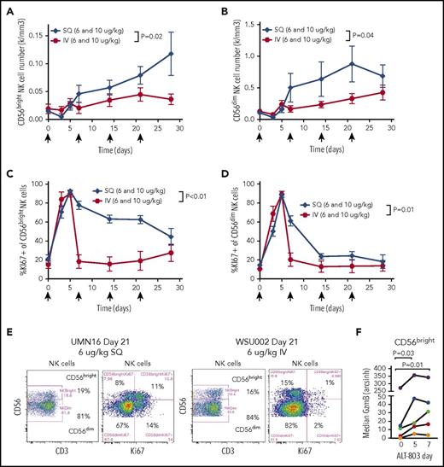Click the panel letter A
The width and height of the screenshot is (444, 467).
[x=6, y=8]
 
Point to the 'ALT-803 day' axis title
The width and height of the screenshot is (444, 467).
[x=402, y=459]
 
